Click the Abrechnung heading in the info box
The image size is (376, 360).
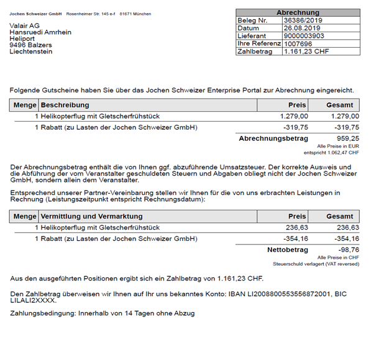click(x=298, y=12)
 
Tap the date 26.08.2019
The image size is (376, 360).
click(x=300, y=28)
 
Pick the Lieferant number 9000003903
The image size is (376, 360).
click(x=303, y=36)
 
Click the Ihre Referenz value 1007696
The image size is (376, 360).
click(x=297, y=43)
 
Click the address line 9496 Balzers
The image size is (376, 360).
click(x=30, y=45)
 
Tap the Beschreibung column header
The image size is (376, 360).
click(x=65, y=105)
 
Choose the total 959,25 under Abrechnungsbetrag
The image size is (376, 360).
click(x=347, y=138)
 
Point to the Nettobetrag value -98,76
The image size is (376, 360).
click(x=347, y=249)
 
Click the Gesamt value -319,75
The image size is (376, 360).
click(x=345, y=127)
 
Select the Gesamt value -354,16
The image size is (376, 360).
click(x=345, y=238)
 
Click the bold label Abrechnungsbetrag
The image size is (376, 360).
click(x=273, y=138)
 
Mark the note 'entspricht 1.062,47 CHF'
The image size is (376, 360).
click(x=331, y=152)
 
